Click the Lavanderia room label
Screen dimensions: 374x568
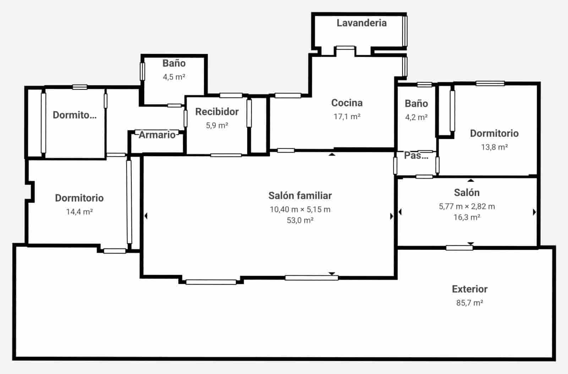coord(361,23)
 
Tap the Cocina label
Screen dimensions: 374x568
coord(347,103)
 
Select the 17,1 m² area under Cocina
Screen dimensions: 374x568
coord(347,116)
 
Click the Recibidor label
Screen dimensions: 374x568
coord(217,112)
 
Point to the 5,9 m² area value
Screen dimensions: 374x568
coord(217,125)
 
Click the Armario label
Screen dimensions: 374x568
coord(157,135)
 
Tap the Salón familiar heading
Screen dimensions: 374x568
coord(300,196)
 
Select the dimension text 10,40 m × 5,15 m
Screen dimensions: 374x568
coord(300,209)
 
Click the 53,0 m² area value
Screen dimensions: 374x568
coord(300,220)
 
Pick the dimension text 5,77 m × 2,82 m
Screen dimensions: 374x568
coord(467,207)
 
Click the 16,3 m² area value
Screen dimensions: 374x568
coord(467,217)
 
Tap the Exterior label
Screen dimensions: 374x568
coord(470,289)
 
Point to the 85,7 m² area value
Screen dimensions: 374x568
coord(470,303)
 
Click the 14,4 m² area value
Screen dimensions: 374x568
coord(79,212)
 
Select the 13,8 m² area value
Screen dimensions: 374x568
coord(494,147)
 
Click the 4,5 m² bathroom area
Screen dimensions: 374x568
coord(174,77)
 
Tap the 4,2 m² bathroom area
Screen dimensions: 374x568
coord(416,117)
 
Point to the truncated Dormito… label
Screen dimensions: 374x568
coord(75,115)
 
